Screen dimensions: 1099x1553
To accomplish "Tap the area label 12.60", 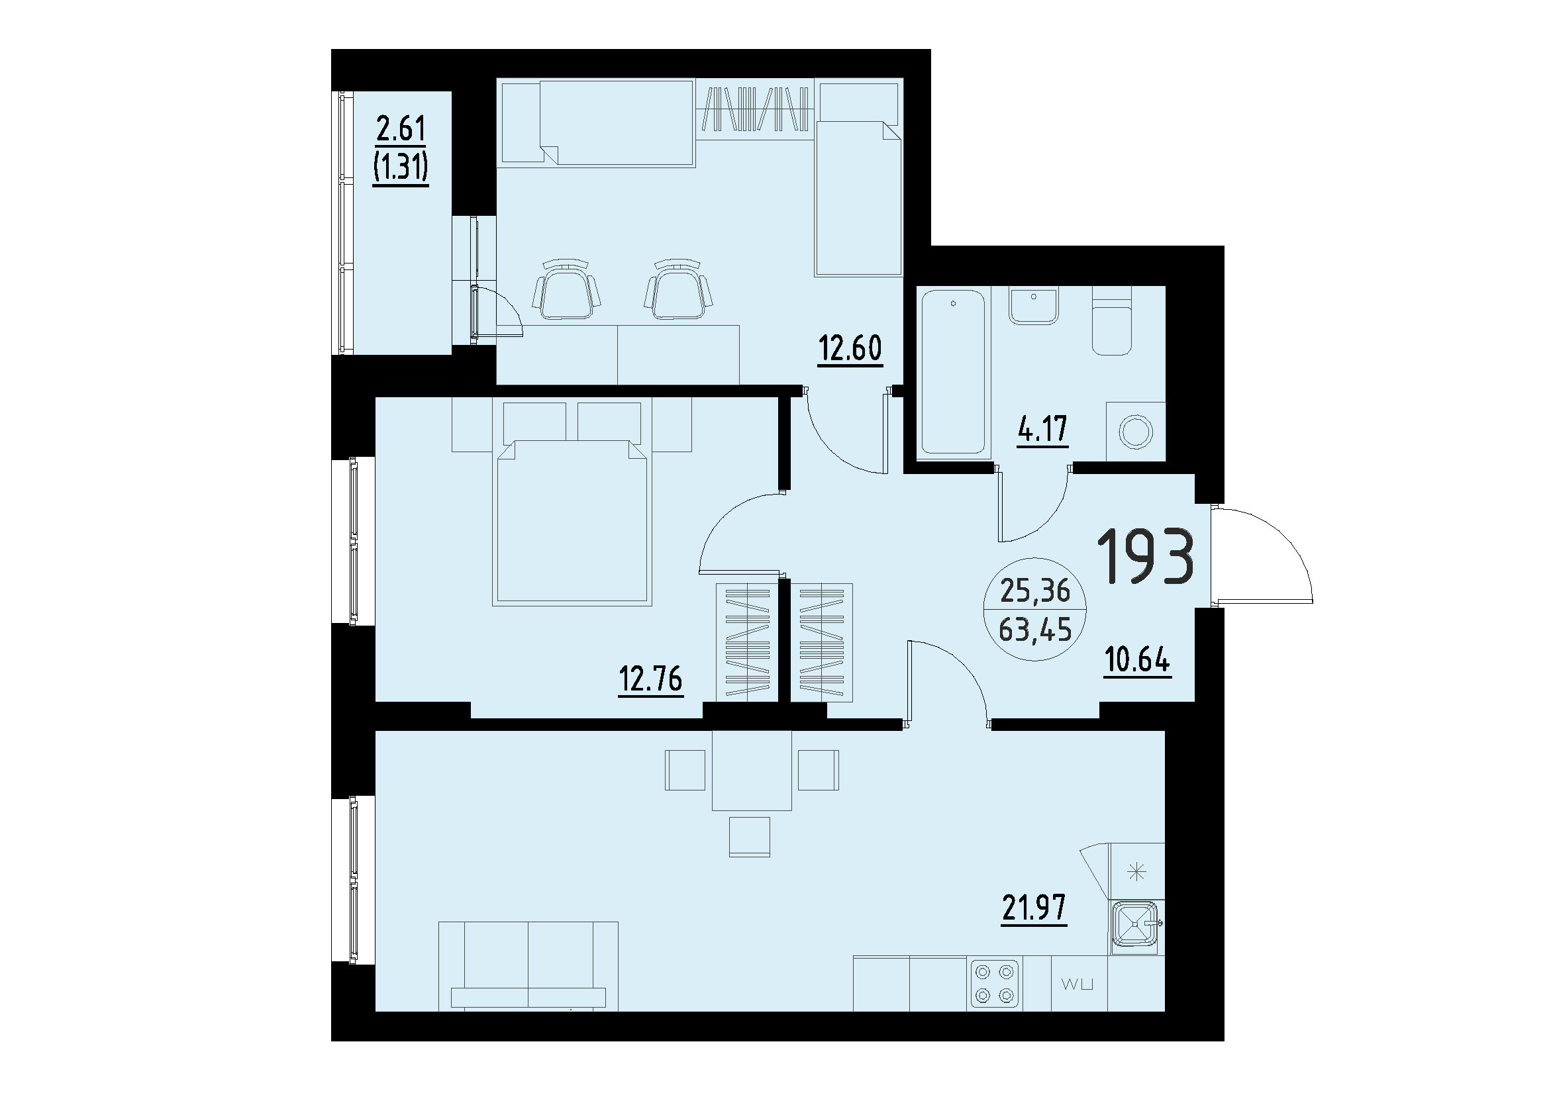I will pyautogui.click(x=850, y=349).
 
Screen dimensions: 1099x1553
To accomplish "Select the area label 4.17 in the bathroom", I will pyautogui.click(x=1043, y=429).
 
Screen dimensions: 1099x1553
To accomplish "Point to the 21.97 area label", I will pyautogui.click(x=1034, y=908).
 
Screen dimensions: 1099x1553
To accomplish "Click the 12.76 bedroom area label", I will pyautogui.click(x=650, y=679).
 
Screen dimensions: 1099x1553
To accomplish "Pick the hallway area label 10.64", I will pyautogui.click(x=1137, y=660).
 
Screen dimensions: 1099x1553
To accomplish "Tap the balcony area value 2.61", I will pyautogui.click(x=401, y=129).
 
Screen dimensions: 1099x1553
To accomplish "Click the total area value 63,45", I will pyautogui.click(x=1035, y=631).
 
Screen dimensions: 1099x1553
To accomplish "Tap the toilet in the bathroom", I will pyautogui.click(x=1112, y=321).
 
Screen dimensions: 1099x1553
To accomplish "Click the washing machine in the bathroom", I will pyautogui.click(x=1135, y=432).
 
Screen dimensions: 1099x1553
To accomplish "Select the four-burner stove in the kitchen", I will pyautogui.click(x=995, y=984).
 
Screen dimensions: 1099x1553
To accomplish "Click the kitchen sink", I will pyautogui.click(x=1136, y=926).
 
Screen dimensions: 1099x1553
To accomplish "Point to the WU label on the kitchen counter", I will pyautogui.click(x=1078, y=984).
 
